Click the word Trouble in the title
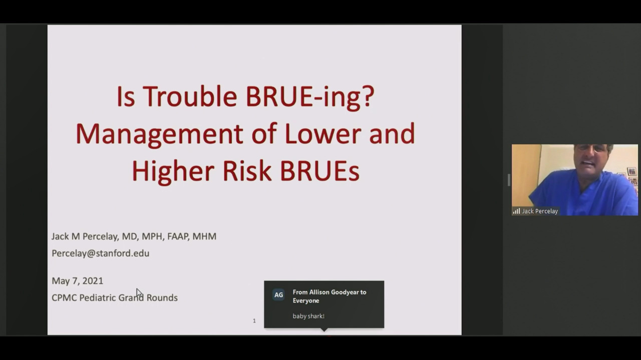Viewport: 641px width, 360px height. [190, 96]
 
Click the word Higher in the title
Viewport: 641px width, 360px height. [173, 172]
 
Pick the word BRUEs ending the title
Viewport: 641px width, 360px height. [320, 171]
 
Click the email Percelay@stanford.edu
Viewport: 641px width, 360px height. [101, 253]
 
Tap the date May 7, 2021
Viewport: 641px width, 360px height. [77, 281]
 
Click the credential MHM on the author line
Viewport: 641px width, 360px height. [204, 236]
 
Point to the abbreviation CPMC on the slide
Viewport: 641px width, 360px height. [64, 298]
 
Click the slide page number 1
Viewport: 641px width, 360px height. [254, 321]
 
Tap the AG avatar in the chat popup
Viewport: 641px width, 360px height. [278, 295]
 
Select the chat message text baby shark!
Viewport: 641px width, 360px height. [308, 316]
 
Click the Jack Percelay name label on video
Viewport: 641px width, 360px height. [540, 211]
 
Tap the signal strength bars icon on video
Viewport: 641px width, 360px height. [516, 211]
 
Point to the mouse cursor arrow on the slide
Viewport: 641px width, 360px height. [139, 293]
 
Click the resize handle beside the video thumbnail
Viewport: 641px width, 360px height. [509, 180]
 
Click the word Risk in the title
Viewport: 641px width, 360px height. [247, 171]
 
